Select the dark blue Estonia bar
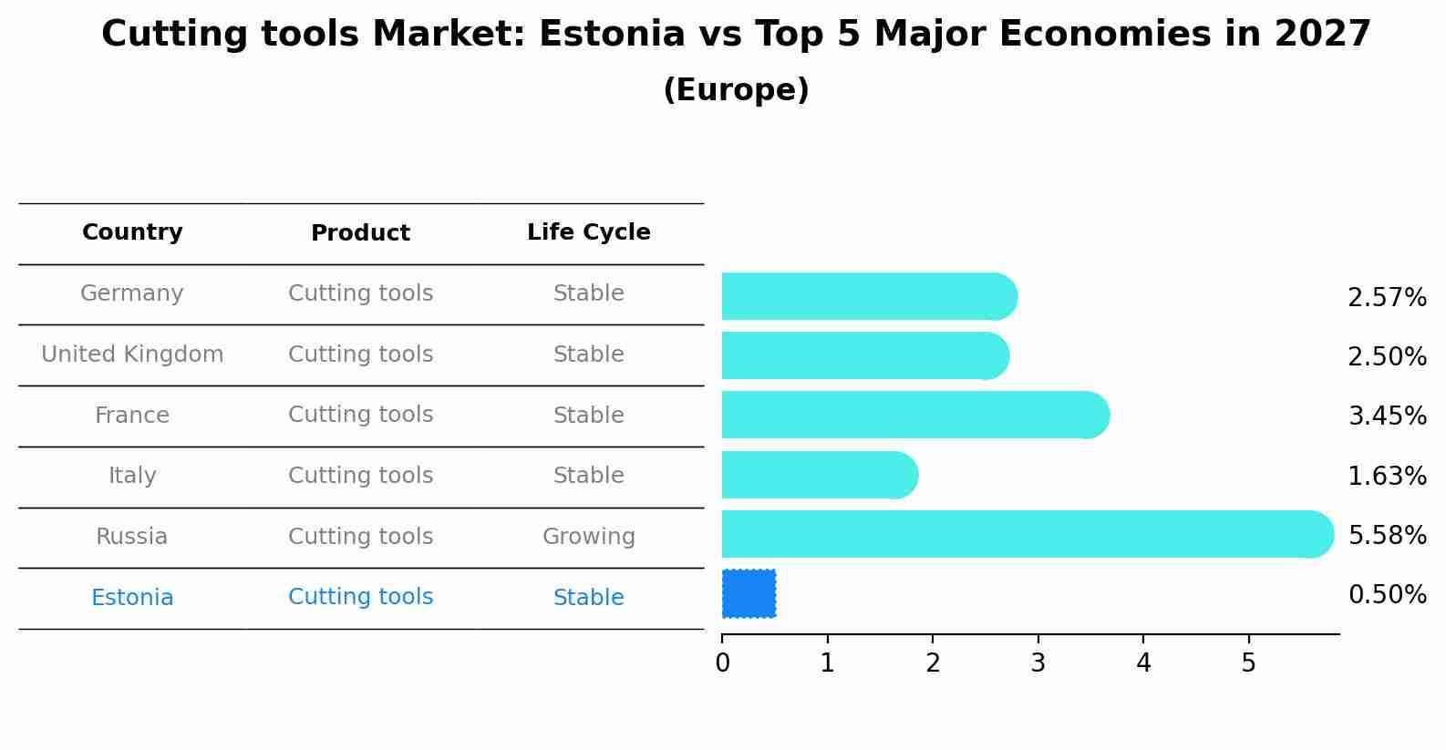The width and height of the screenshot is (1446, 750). pyautogui.click(x=749, y=593)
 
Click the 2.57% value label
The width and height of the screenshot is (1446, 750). pyautogui.click(x=1387, y=298)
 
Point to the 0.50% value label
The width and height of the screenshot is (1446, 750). pyautogui.click(x=1387, y=595)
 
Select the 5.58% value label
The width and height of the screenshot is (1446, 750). pyautogui.click(x=1387, y=535)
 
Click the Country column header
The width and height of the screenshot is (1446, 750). pyautogui.click(x=132, y=232)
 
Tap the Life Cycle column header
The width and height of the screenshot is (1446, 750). pyautogui.click(x=588, y=232)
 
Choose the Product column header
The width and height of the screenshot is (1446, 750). pyautogui.click(x=360, y=233)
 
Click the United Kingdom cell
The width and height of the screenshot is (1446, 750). pyautogui.click(x=132, y=354)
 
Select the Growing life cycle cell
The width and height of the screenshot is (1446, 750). pyautogui.click(x=588, y=537)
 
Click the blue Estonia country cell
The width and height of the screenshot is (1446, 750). pyautogui.click(x=132, y=598)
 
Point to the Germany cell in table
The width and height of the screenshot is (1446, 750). pyautogui.click(x=132, y=293)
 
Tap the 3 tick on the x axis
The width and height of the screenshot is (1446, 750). pyautogui.click(x=1038, y=663)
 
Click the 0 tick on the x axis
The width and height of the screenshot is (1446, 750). pyautogui.click(x=722, y=663)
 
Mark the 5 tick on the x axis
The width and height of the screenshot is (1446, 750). pyautogui.click(x=1248, y=663)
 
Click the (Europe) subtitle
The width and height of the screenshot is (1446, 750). pyautogui.click(x=736, y=90)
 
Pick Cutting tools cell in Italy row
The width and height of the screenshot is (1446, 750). pyautogui.click(x=360, y=476)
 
